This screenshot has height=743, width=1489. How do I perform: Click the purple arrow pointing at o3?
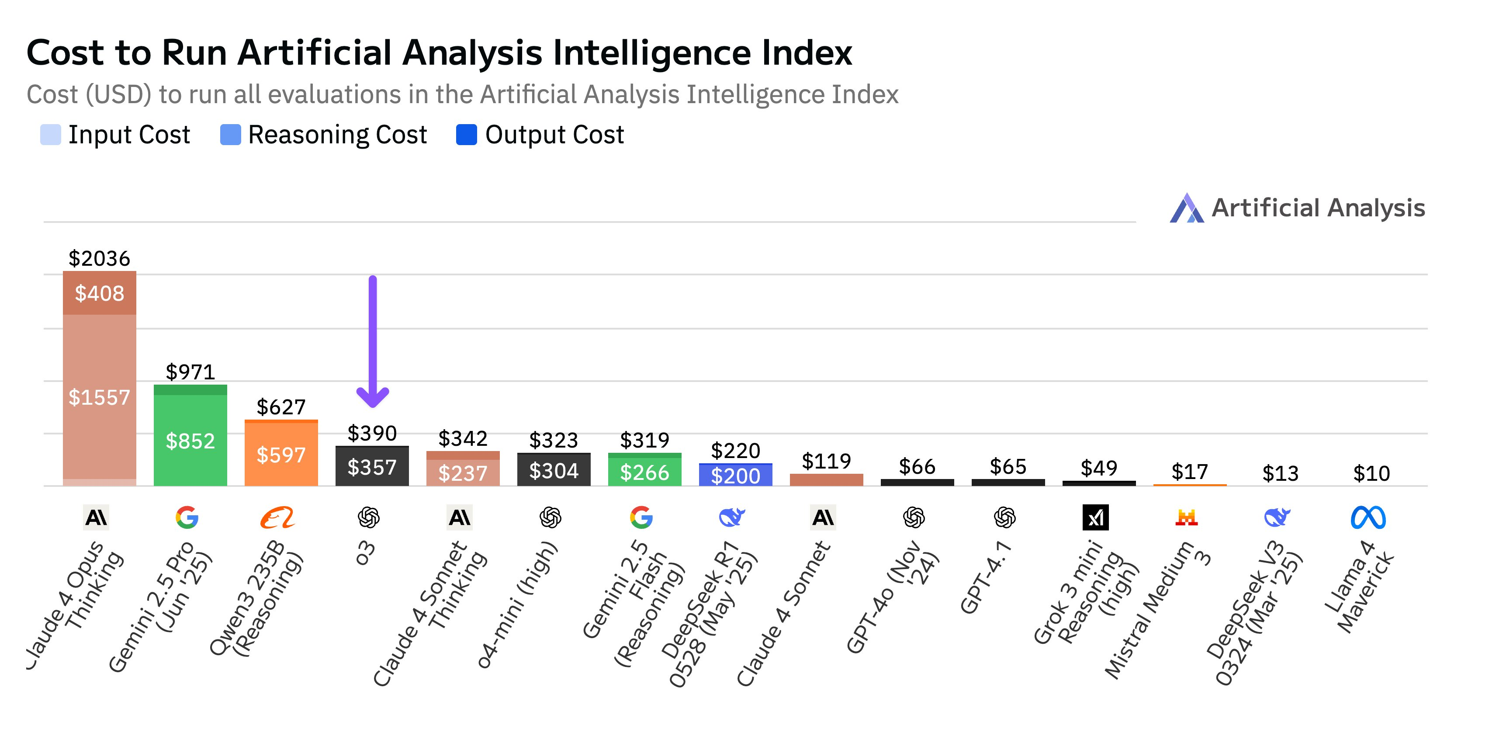click(x=373, y=341)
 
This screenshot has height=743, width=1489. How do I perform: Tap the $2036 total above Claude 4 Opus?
click(x=100, y=258)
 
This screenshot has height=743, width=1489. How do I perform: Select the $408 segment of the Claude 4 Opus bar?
click(x=100, y=294)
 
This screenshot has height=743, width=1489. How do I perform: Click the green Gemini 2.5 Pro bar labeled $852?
click(x=190, y=441)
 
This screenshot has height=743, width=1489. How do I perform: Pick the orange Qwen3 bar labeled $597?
click(x=281, y=455)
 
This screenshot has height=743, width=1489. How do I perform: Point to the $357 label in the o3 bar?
click(x=372, y=467)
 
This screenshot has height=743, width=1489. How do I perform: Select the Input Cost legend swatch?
click(x=50, y=135)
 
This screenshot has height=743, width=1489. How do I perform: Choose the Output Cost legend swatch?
click(x=466, y=135)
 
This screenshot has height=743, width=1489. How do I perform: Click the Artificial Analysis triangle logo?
click(x=1187, y=208)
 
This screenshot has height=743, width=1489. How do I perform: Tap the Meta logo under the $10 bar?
click(x=1368, y=517)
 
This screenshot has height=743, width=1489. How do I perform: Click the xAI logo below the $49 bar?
click(x=1095, y=517)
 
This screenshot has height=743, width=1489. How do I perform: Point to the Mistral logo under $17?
click(x=1186, y=517)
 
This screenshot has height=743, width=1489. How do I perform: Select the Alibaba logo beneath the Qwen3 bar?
click(x=277, y=517)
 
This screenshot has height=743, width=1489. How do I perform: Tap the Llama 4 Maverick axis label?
click(x=1358, y=587)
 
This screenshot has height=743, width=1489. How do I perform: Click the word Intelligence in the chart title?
click(x=652, y=53)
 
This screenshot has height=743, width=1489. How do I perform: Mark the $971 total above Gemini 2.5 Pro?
click(x=190, y=372)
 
